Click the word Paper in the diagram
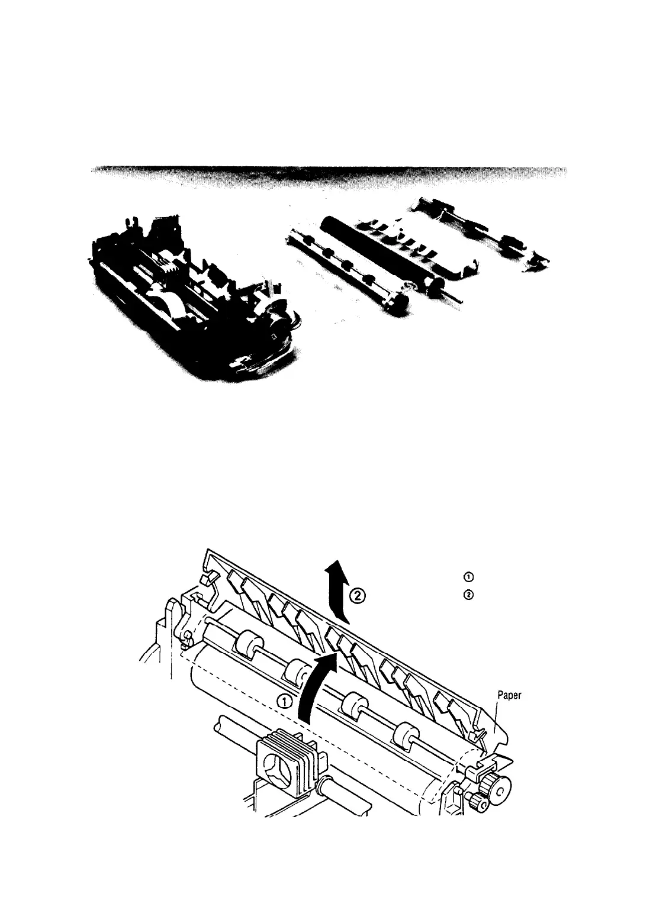point(509,696)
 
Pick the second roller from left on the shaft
point(296,670)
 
